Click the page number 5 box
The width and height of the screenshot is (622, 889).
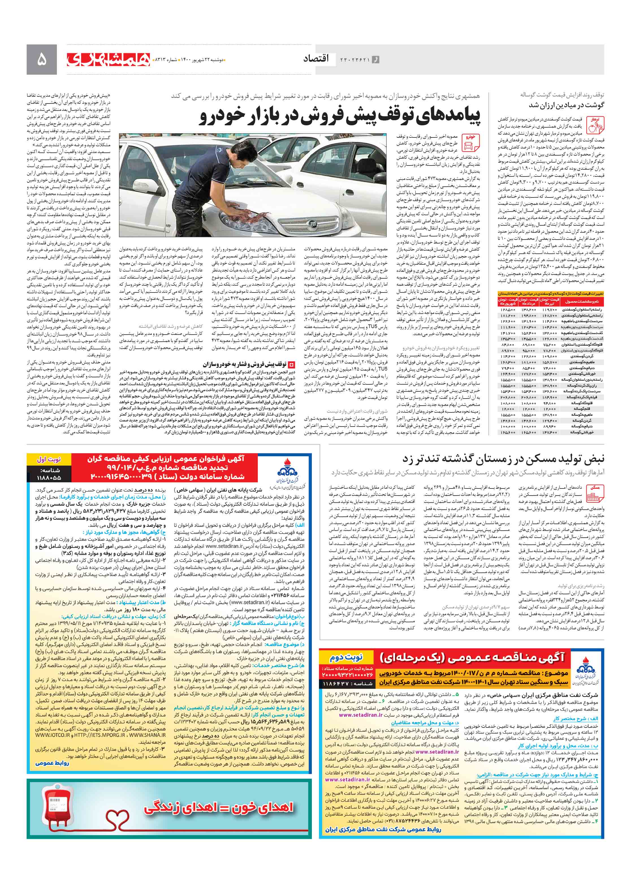(x=41, y=60)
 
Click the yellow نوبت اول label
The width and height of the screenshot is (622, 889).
(x=49, y=459)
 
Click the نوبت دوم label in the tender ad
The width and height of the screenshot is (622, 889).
(x=346, y=657)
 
